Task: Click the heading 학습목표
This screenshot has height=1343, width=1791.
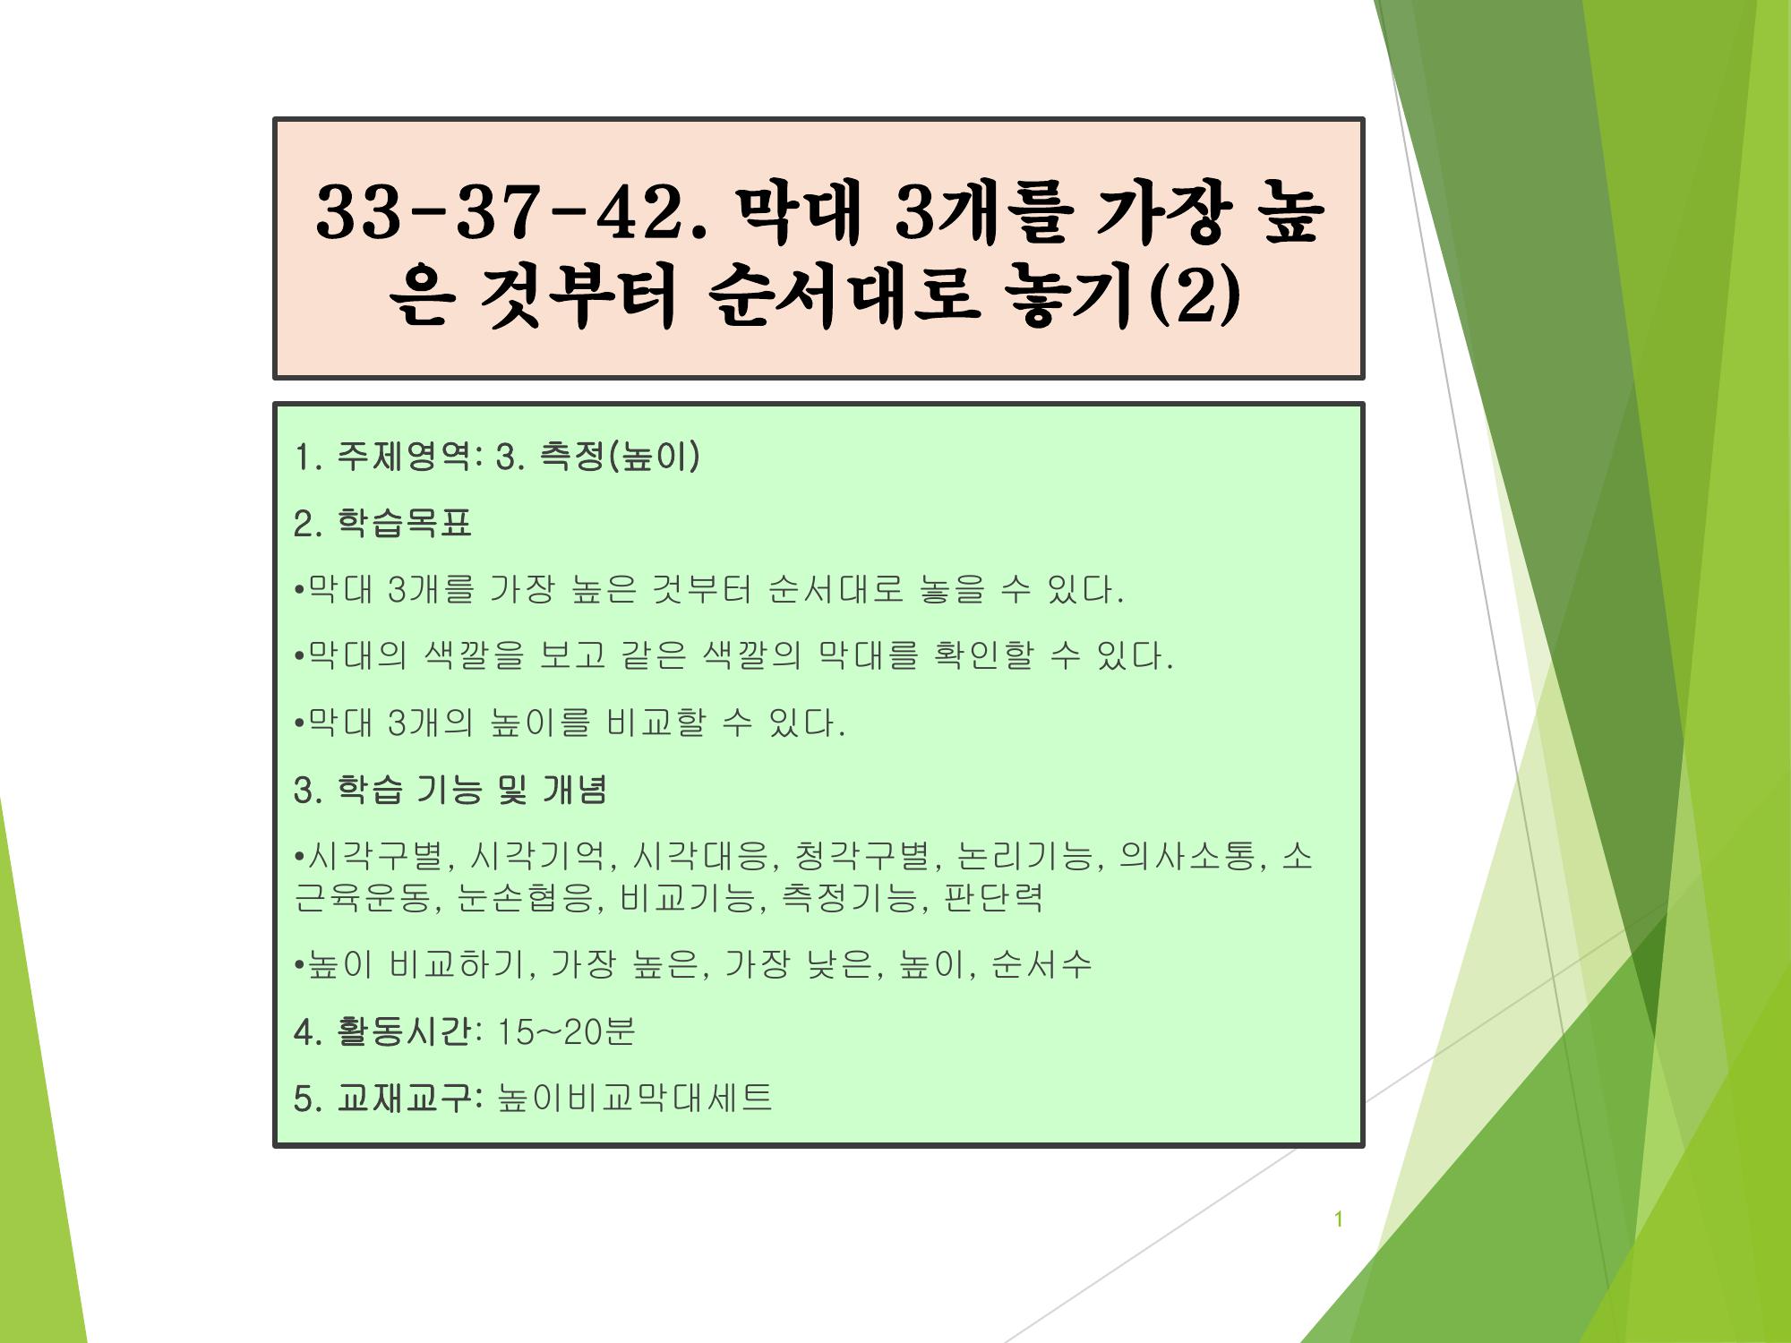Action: click(x=404, y=523)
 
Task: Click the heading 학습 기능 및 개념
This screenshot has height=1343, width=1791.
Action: click(x=472, y=789)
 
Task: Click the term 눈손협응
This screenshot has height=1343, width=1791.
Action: click(x=524, y=897)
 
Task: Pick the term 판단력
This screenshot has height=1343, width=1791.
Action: click(x=993, y=897)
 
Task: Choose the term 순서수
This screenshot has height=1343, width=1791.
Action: click(x=1041, y=964)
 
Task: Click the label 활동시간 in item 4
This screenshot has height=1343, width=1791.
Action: click(x=403, y=1031)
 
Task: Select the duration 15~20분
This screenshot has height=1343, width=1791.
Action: click(x=565, y=1031)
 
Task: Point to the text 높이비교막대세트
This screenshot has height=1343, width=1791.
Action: click(x=634, y=1098)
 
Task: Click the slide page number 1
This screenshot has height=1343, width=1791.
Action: click(x=1339, y=1219)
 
